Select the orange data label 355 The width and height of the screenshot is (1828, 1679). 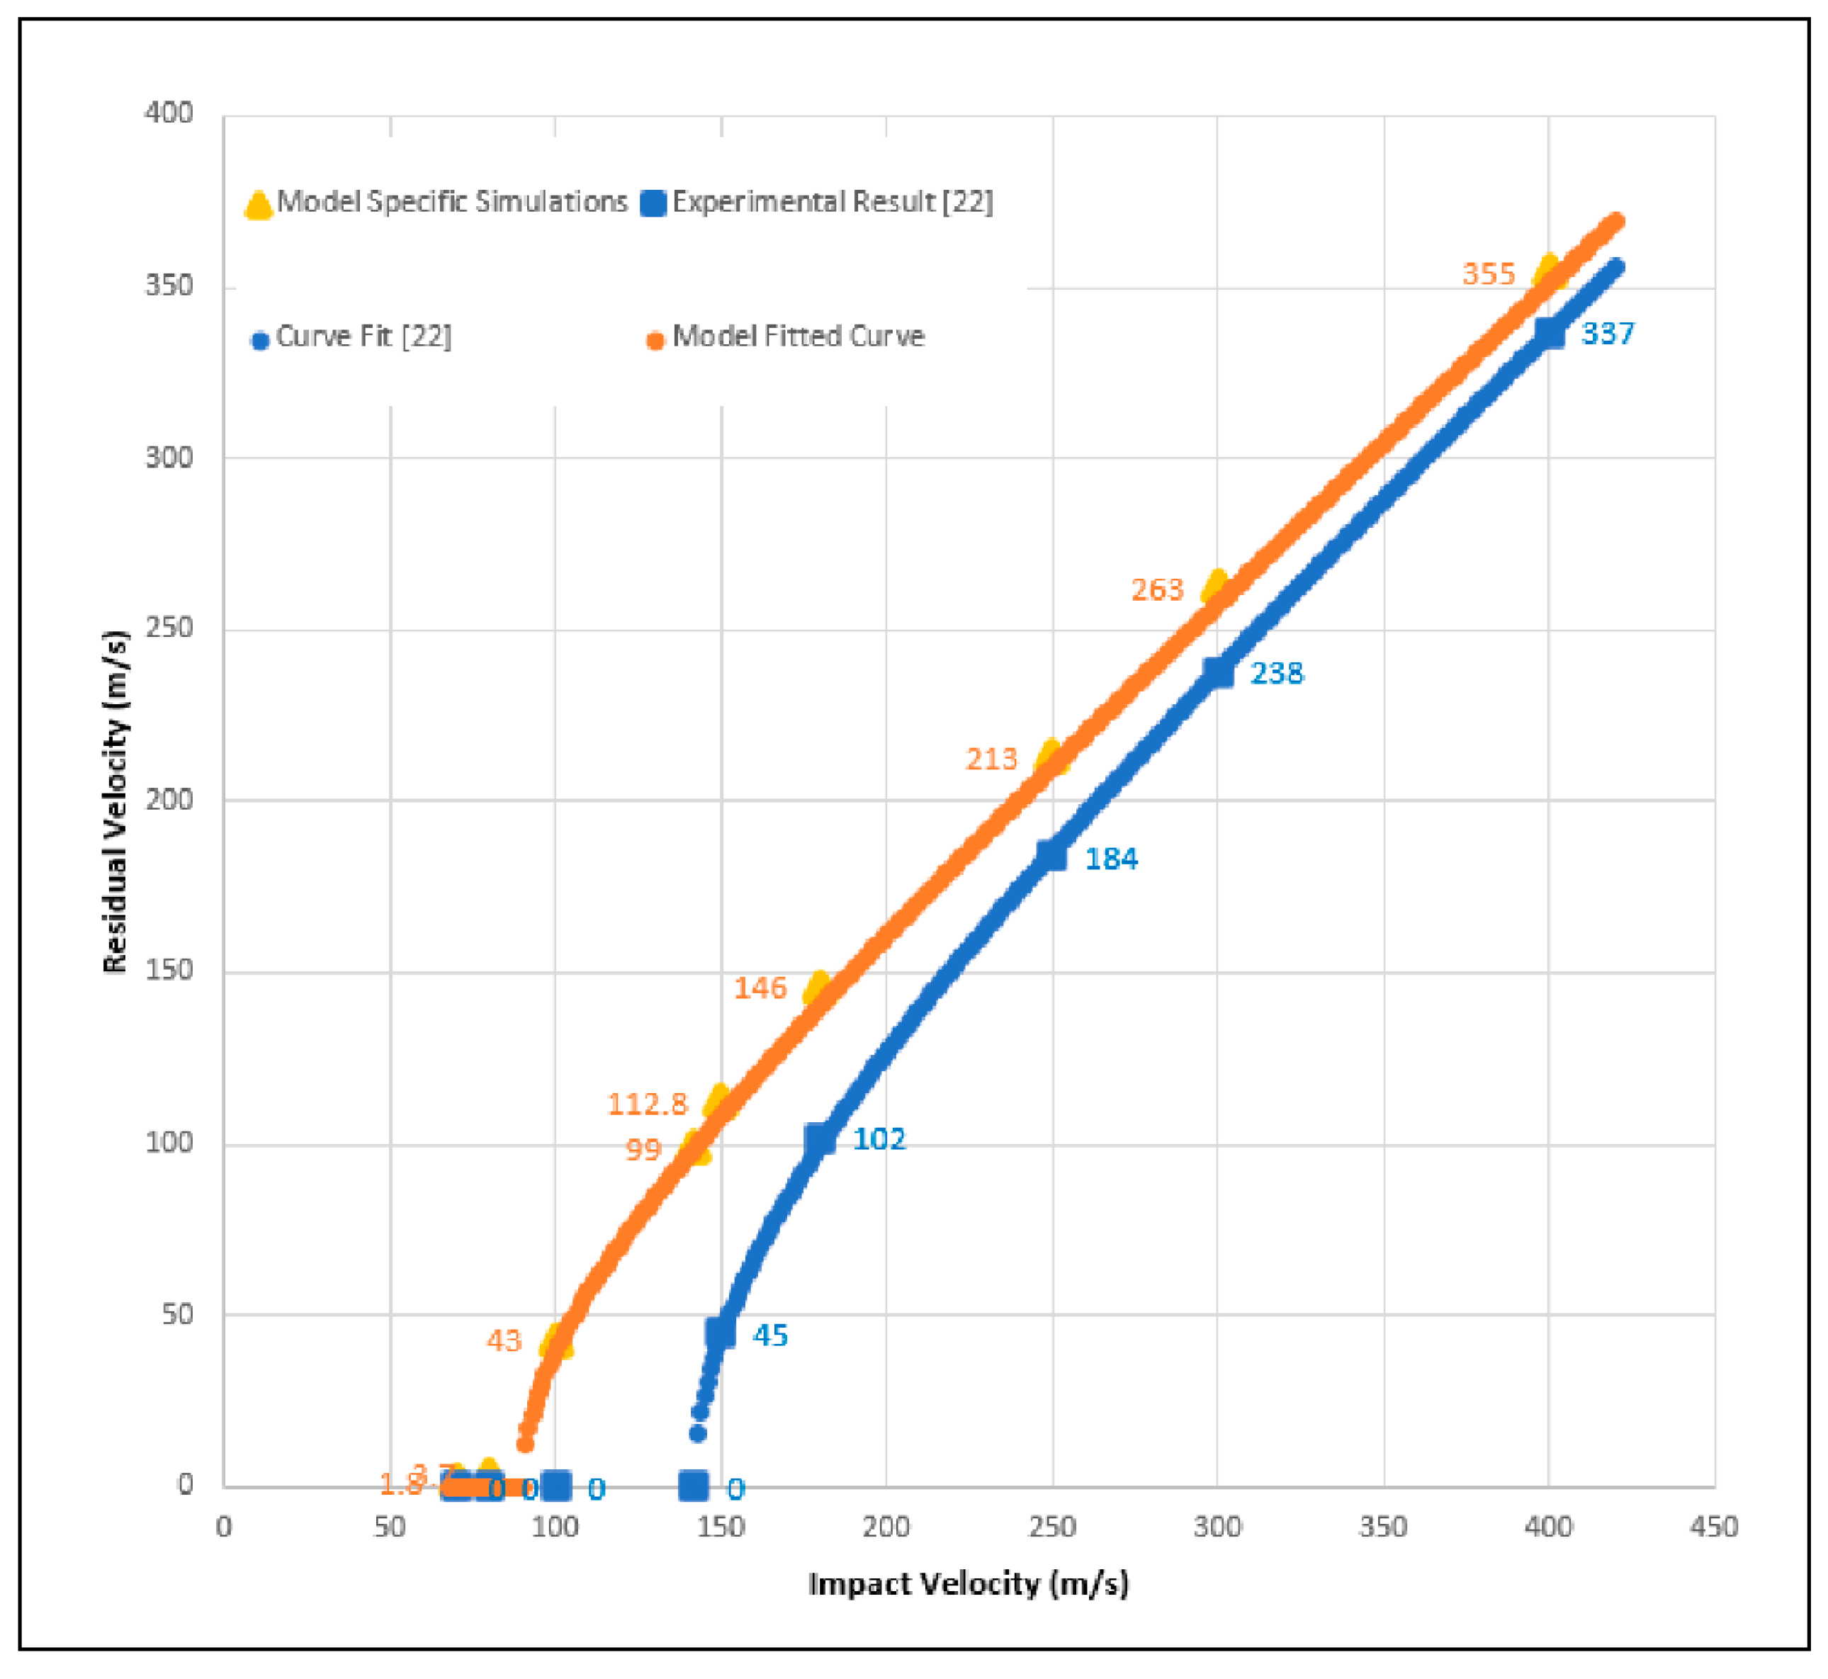pos(1488,273)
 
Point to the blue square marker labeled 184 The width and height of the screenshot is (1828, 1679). pos(1052,855)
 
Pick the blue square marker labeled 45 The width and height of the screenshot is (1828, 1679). pos(721,1332)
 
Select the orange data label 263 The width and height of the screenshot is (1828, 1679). pos(1158,589)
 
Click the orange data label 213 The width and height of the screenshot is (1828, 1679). pos(991,759)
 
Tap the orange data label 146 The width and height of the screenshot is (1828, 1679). pos(760,988)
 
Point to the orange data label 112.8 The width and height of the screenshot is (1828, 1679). pos(647,1104)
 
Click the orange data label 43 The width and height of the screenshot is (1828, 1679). pos(504,1340)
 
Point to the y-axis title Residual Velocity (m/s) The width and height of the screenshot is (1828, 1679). pos(115,801)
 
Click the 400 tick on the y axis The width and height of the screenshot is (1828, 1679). pos(170,113)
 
